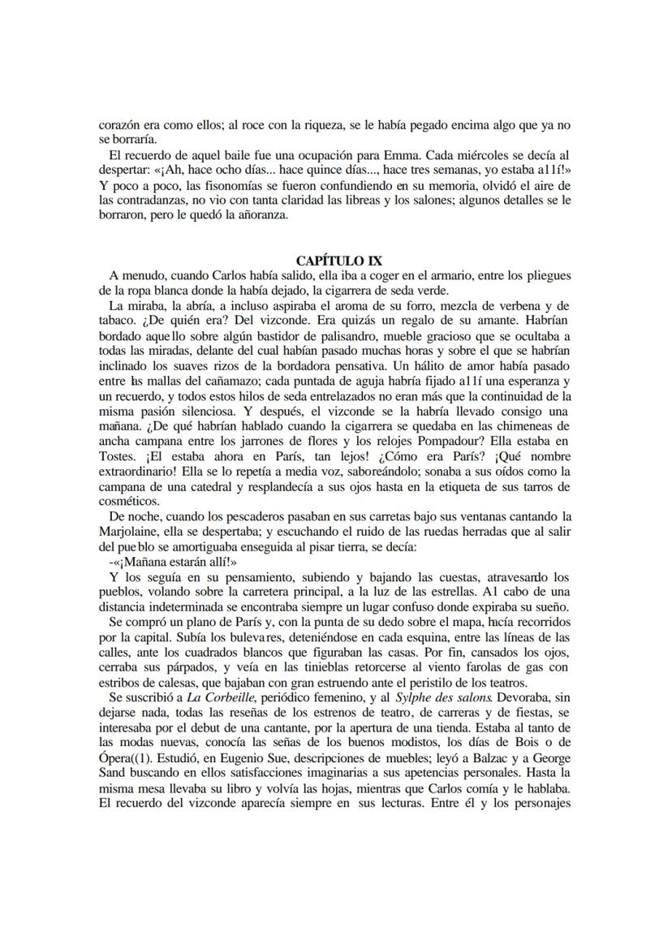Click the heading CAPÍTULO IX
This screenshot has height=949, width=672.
pos(335,261)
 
